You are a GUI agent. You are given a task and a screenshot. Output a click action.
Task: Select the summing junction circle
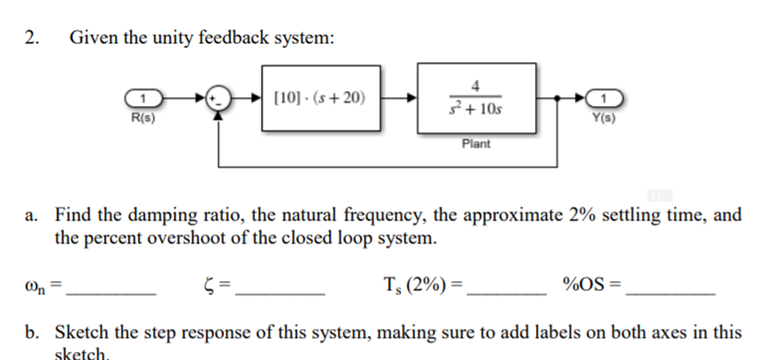(x=218, y=97)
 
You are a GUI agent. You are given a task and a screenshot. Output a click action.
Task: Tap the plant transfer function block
(x=476, y=97)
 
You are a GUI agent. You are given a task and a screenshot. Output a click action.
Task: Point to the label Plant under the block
(x=476, y=143)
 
